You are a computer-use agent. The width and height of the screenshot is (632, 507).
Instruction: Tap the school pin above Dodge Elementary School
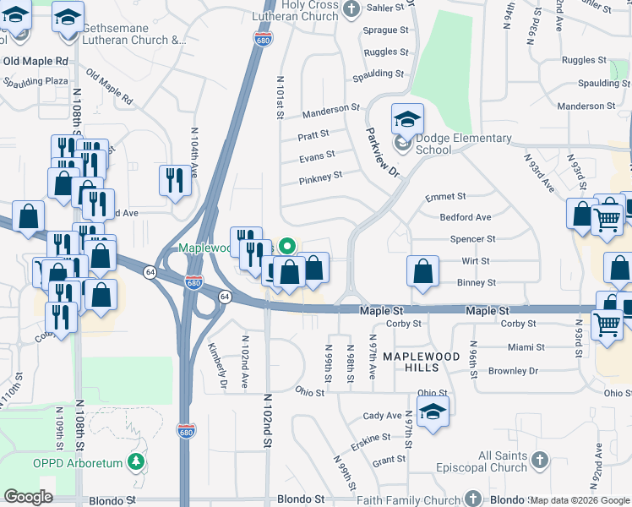pos(407,118)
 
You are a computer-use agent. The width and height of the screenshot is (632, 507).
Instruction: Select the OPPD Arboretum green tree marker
pos(135,462)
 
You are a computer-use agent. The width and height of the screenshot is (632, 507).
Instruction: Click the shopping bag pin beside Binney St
pos(422,272)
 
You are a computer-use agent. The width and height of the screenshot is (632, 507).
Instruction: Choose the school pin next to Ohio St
pos(433,412)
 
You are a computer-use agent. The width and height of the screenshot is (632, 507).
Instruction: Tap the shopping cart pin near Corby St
pos(607,324)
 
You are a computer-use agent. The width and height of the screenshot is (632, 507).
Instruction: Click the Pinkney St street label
pos(320,177)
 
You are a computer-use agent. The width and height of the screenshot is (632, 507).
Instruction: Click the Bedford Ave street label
pos(466,217)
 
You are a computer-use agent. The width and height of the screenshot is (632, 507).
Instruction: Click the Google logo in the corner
pos(28,497)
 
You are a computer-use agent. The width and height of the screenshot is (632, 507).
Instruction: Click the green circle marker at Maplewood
pos(287,247)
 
